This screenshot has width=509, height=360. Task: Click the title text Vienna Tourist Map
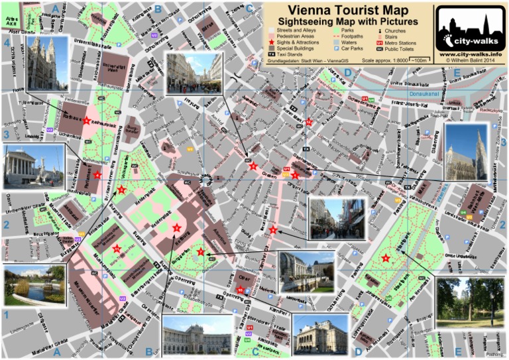click(347, 11)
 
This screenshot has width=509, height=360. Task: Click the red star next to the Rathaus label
click(86, 120)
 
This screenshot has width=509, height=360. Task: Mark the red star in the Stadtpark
click(386, 259)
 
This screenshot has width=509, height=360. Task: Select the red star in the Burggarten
click(201, 252)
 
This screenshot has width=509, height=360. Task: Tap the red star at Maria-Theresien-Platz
click(117, 249)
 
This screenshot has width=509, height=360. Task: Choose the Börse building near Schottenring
click(206, 29)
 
